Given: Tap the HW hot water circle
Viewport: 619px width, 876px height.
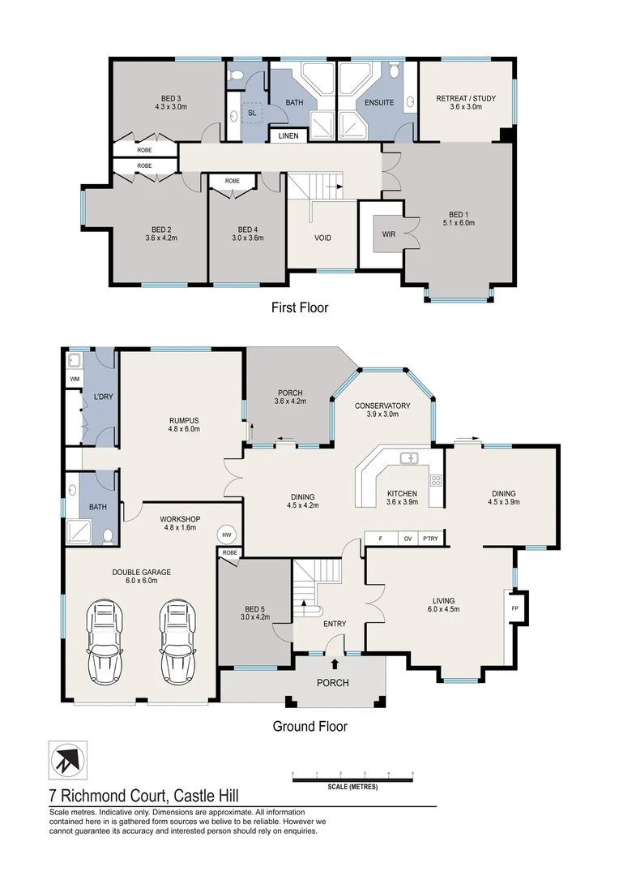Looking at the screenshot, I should pos(227,535).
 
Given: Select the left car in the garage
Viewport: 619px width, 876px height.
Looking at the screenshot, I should pos(106,642).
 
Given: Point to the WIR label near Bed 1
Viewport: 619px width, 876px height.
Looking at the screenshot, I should pos(390,234).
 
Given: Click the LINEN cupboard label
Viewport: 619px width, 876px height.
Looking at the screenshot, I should pos(288,135).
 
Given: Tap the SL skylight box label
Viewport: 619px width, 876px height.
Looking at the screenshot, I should pos(252,113).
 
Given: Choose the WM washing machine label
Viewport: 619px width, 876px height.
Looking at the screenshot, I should pos(74,379).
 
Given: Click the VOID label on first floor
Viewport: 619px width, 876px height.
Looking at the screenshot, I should pos(322,238).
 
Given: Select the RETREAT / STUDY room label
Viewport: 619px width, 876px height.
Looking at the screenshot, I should pos(466,98).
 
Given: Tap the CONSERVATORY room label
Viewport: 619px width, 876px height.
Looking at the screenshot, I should pos(382,406).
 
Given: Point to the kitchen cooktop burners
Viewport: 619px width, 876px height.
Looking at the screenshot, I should pos(435,479).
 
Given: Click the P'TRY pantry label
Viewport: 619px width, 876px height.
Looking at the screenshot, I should pos(429,539).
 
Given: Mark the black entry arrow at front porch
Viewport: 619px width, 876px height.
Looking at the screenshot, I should pos(335,663).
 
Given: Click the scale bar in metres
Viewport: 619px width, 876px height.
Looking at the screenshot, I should pos(352,780).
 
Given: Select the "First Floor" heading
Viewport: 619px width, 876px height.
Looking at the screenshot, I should pos(300,307).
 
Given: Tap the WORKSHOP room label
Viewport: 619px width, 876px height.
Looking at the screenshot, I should pos(180,519).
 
